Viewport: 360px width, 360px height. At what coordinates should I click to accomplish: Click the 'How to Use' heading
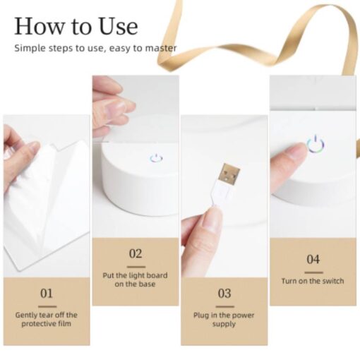76,26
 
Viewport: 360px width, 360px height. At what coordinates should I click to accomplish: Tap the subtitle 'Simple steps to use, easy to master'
95,48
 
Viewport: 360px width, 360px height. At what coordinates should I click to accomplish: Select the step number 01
47,294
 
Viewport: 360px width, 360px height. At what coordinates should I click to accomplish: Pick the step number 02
136,253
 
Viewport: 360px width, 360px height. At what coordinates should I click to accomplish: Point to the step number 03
224,294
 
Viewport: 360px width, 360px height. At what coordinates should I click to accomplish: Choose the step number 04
313,259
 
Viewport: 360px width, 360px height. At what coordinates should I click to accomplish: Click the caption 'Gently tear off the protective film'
47,319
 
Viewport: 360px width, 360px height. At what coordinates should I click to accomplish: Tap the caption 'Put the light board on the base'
136,280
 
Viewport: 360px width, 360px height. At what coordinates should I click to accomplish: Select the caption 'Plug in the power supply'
224,319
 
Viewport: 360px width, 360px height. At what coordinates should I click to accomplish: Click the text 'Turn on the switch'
313,281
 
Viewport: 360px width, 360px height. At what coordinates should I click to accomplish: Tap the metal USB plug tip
230,174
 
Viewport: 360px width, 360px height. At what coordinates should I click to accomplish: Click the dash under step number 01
47,306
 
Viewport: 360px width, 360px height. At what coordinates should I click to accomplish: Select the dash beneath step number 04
314,272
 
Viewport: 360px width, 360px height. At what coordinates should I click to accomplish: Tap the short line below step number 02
136,267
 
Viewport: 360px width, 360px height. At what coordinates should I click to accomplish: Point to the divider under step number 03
225,306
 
